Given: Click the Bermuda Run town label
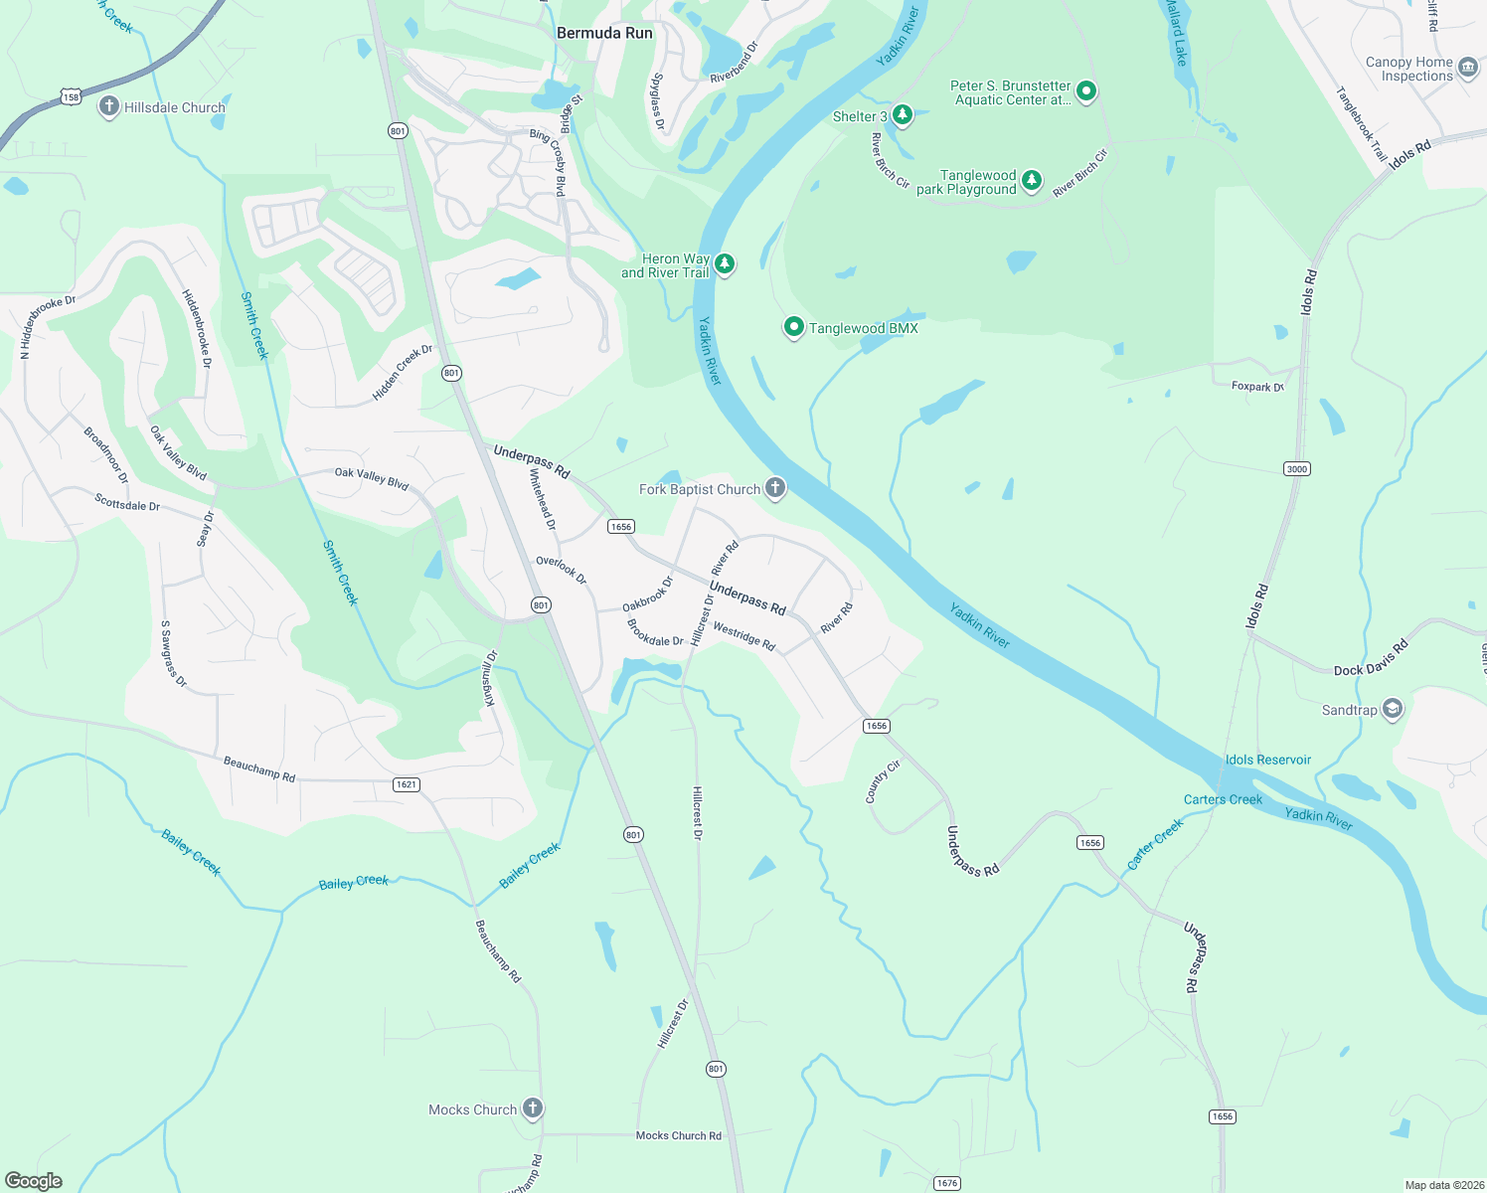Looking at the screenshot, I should click(604, 33).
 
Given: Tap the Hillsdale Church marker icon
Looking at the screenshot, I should click(109, 107).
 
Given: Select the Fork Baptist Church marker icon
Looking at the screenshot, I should click(775, 488).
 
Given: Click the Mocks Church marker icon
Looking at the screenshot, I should click(533, 1108).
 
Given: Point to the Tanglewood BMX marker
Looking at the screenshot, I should click(793, 327).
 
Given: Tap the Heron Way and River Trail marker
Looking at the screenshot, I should click(726, 263).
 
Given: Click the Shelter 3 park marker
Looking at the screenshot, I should click(902, 115).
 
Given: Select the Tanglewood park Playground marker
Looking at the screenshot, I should click(1032, 181).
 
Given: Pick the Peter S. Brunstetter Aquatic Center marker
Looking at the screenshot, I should click(1086, 91).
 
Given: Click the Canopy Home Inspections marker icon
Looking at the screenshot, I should click(1468, 69).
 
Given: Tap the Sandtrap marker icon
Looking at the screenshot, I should click(1393, 709).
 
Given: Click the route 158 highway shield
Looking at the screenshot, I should click(70, 96).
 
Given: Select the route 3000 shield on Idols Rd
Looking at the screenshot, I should click(1297, 468).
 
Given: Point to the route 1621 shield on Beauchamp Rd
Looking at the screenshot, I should click(407, 784).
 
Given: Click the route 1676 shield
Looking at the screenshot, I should click(947, 1182).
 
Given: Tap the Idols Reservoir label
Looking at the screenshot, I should click(1267, 760).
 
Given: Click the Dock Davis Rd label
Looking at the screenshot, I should click(1371, 658).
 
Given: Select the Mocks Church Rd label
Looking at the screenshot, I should click(678, 1135).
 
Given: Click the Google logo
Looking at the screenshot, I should click(34, 1180).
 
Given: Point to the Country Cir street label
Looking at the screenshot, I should click(882, 781).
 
